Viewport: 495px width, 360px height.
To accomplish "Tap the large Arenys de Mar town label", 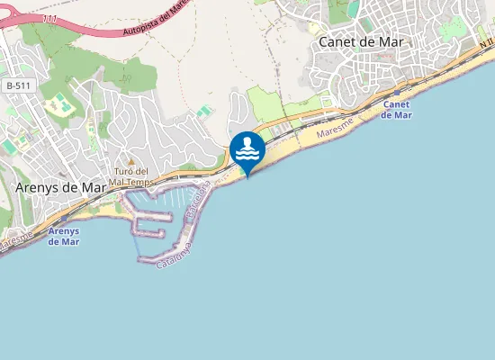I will point(60,187).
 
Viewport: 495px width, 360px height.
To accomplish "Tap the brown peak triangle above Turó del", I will point(129,162).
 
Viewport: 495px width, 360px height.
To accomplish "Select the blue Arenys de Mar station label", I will point(63,236).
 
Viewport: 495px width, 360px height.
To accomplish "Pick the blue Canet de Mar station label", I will point(397,110).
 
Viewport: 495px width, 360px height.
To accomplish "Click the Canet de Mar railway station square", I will point(396,92).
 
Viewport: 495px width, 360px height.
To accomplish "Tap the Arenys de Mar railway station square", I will point(64,219).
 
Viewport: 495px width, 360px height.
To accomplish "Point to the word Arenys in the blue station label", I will point(63,230).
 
